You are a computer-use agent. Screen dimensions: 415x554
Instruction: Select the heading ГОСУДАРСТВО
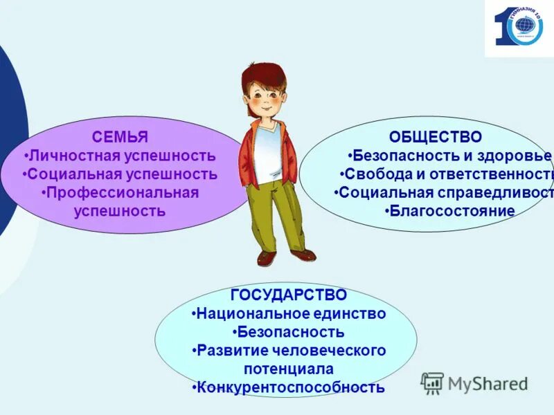point(289,295)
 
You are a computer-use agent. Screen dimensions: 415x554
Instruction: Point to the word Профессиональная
point(122,192)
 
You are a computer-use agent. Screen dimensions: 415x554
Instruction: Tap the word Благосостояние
point(452,211)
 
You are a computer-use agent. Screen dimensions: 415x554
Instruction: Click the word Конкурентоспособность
point(290,387)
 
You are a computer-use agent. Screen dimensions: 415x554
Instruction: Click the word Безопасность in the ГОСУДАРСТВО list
point(289,332)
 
